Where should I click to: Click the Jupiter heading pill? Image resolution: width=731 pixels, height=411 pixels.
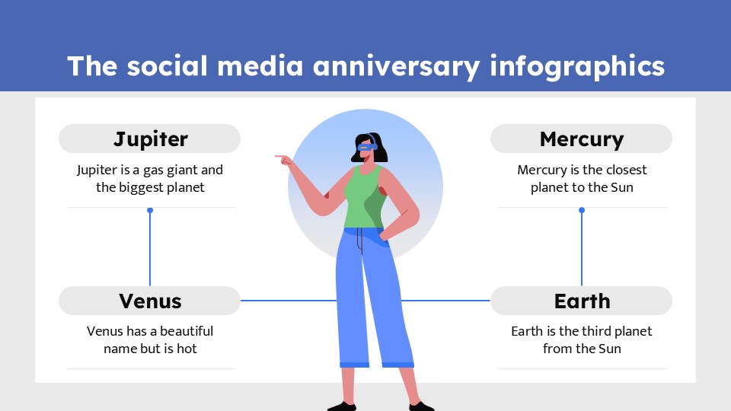(x=150, y=139)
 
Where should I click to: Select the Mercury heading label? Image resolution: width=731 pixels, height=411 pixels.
(x=581, y=139)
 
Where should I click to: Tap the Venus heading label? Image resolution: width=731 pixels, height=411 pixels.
(x=150, y=301)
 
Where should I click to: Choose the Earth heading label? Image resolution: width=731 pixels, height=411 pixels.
(x=581, y=301)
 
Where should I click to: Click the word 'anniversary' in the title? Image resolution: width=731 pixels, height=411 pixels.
(x=396, y=67)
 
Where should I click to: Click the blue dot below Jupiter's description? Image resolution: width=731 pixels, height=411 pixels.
(x=150, y=210)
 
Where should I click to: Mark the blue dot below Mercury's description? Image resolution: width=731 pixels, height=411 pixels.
(x=582, y=210)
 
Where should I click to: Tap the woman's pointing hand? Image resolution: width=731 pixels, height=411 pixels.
(x=284, y=160)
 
